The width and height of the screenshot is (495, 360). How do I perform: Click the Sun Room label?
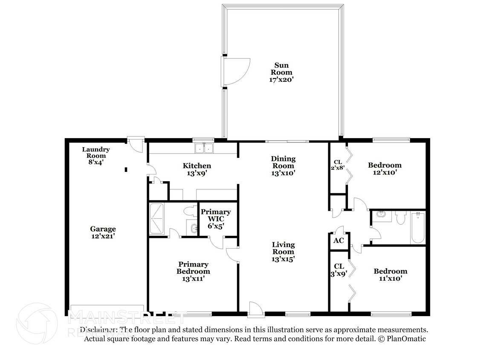point(281,73)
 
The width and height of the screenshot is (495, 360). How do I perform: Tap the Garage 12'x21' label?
point(103,232)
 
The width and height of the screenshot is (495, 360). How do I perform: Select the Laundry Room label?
point(96,156)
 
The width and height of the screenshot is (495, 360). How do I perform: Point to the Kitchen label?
point(197,169)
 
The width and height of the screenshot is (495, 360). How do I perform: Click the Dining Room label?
point(283,166)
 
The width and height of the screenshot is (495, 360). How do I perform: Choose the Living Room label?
point(283,252)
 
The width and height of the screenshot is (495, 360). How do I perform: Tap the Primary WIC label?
point(216,219)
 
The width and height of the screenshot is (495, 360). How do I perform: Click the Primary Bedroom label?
point(193,272)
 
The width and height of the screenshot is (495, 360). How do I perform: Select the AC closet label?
point(339,241)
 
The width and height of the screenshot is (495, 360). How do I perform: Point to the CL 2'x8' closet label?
point(338,165)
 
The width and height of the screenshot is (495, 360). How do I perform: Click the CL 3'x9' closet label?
point(339,270)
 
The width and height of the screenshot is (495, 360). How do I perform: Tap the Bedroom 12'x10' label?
point(385,168)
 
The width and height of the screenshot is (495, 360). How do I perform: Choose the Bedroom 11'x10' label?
point(391,275)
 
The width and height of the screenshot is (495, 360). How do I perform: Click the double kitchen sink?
point(204,148)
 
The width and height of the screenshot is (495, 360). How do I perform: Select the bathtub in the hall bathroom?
point(418,227)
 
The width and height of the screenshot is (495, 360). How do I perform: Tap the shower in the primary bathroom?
point(157,219)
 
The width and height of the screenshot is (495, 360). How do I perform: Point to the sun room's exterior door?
point(235,72)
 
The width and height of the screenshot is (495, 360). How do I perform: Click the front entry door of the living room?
point(255,308)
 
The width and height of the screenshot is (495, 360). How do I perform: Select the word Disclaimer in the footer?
point(99,330)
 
